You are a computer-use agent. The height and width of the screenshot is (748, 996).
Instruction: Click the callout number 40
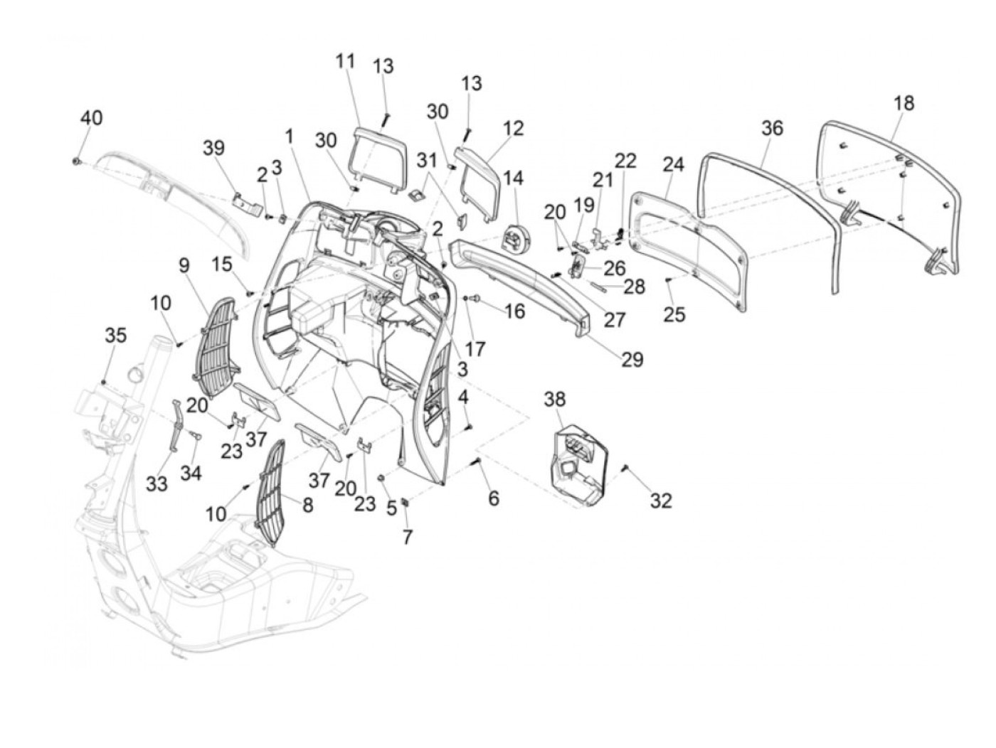click(90, 117)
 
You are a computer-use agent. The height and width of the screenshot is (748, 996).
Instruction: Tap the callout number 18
click(903, 103)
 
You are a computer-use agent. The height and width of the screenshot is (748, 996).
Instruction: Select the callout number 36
click(772, 128)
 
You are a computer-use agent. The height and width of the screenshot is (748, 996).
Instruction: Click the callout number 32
click(661, 501)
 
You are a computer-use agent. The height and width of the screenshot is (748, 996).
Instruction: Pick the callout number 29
click(632, 360)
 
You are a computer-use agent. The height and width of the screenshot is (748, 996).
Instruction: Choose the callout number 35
click(116, 335)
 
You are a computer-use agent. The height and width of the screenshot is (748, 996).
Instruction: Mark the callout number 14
click(513, 177)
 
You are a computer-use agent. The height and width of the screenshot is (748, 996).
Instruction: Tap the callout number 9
click(184, 266)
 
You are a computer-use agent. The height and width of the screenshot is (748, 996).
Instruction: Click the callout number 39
click(213, 148)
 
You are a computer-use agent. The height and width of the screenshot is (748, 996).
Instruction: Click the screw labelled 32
click(625, 467)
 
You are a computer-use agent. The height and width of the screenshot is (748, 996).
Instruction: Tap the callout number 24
click(673, 166)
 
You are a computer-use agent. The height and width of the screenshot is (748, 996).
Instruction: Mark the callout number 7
click(407, 538)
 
